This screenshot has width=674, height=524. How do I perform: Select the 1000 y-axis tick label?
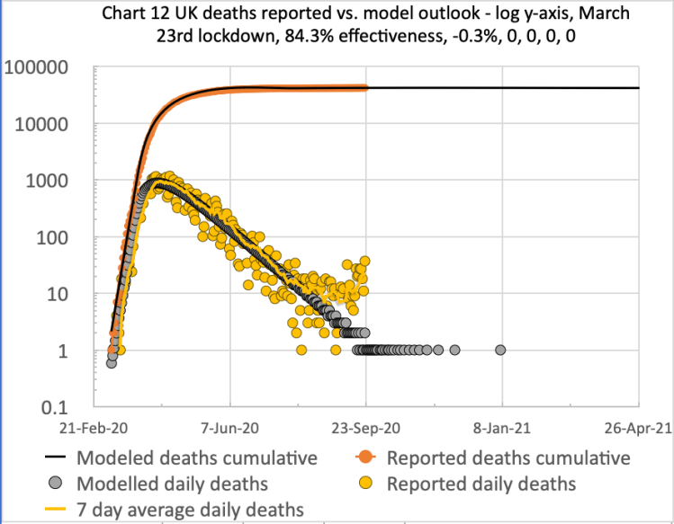point(56,181)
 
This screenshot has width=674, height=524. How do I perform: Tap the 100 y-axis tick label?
point(62,237)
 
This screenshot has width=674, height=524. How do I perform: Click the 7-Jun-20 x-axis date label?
point(230,429)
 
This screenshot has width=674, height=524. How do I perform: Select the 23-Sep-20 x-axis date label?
point(365,429)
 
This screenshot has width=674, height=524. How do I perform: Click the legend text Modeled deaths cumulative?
point(197,457)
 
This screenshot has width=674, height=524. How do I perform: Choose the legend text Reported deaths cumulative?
point(508,457)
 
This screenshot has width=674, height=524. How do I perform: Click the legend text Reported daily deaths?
point(481,484)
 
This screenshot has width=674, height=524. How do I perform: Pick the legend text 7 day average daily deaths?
point(190,510)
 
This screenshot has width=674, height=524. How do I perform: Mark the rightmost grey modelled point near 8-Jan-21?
point(500,350)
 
